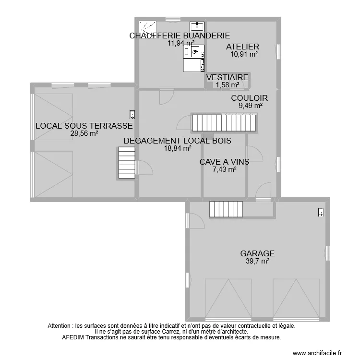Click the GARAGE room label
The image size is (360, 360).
coord(257,253)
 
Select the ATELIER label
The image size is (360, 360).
coord(243,47)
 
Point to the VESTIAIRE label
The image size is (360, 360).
coord(227,77)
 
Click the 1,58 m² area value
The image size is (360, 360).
coord(227,85)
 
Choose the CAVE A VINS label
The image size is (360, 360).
coord(224,162)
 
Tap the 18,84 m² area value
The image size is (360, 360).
coord(178,148)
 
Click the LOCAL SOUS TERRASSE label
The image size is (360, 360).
coord(84,126)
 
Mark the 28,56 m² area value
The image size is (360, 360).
coord(84,133)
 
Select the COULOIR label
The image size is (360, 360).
coord(250,98)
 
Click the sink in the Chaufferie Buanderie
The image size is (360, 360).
coord(197,25)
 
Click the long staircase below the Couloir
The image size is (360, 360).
coord(225,122)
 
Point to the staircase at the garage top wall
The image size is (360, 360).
coord(227,209)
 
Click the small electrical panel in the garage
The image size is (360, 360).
coord(321,212)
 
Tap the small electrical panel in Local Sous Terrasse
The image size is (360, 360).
coord(132,114)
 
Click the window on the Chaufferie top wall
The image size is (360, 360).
coord(172,19)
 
